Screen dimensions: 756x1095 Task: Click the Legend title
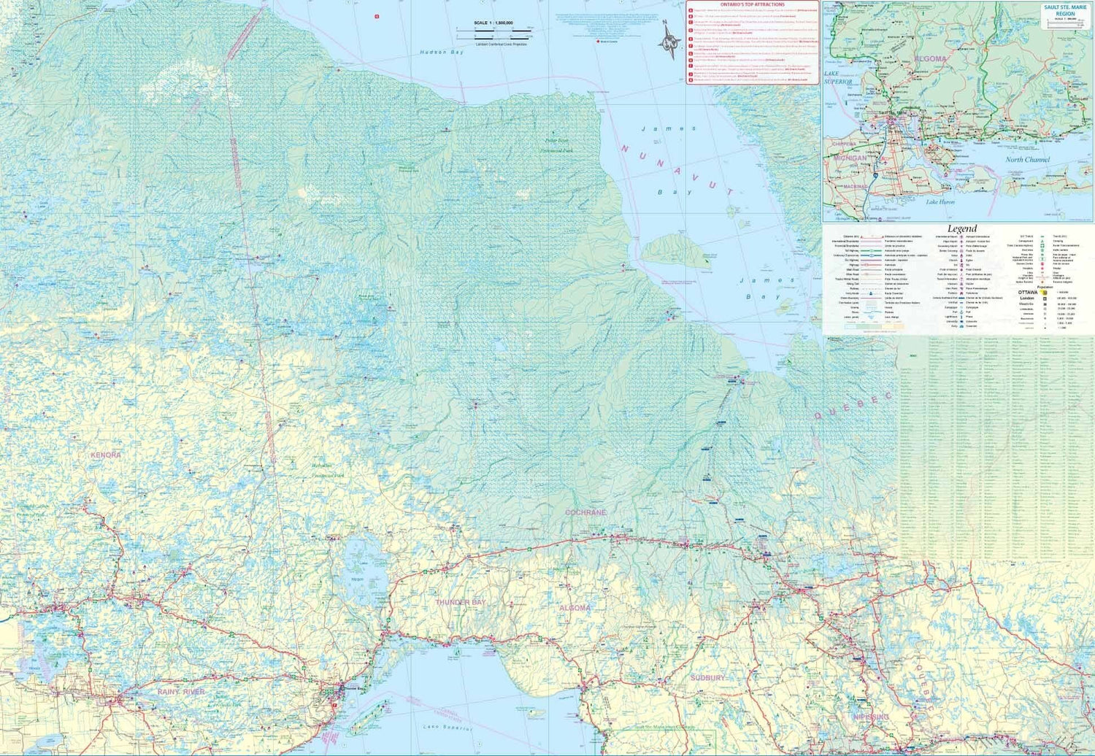[961, 229]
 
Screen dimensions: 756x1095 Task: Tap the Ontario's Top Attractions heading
[752, 5]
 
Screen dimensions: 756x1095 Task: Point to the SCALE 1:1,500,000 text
[493, 23]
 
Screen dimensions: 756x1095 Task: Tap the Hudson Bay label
[441, 53]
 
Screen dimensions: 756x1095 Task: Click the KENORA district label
[105, 455]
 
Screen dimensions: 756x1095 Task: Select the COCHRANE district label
[585, 513]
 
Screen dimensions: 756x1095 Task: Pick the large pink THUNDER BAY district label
[460, 602]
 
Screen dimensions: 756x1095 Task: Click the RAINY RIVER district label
[181, 691]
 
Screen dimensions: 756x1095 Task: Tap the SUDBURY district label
[708, 678]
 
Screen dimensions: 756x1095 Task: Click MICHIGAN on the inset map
[850, 158]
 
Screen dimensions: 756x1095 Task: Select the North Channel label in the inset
[1027, 160]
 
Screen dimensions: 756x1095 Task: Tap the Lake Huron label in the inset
[940, 202]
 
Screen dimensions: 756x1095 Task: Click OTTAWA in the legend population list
[1026, 292]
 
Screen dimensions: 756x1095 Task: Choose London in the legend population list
[1027, 298]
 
